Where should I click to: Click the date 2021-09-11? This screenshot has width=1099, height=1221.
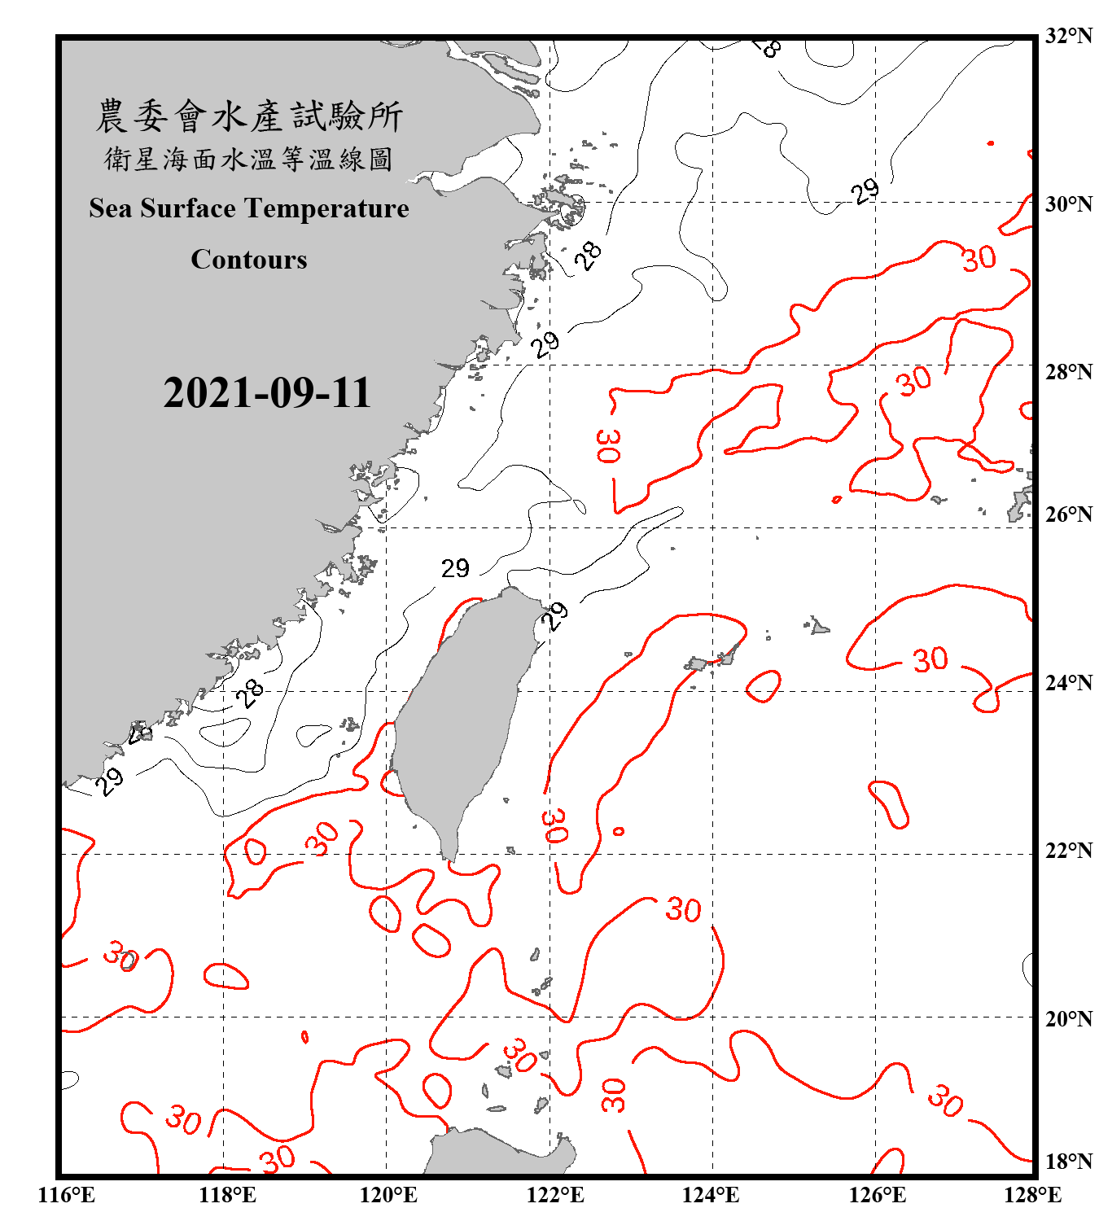pos(267,393)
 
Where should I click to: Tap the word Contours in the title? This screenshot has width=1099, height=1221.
pos(249,260)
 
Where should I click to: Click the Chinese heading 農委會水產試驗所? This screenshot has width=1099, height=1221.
pos(249,116)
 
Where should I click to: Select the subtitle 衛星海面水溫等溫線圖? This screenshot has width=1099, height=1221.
pos(249,159)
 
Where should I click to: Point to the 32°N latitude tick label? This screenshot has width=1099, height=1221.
pos(1068,36)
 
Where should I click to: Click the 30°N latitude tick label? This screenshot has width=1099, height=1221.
pos(1068,203)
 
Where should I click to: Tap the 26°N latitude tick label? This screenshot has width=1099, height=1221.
pos(1068,514)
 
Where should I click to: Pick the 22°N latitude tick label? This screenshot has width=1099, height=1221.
pos(1068,851)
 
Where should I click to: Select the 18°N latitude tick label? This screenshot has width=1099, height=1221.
pos(1068,1162)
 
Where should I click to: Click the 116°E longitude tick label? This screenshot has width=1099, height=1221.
pos(67,1195)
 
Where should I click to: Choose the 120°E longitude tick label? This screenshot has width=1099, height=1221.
pos(388,1195)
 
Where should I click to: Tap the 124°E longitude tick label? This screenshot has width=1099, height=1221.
pos(711,1195)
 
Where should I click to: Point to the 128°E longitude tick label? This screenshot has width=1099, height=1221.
pos(1032,1195)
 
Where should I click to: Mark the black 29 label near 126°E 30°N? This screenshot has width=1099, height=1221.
pos(865,191)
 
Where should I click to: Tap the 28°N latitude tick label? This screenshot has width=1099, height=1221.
pos(1068,372)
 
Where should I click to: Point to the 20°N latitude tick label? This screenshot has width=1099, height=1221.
pos(1068,1018)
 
